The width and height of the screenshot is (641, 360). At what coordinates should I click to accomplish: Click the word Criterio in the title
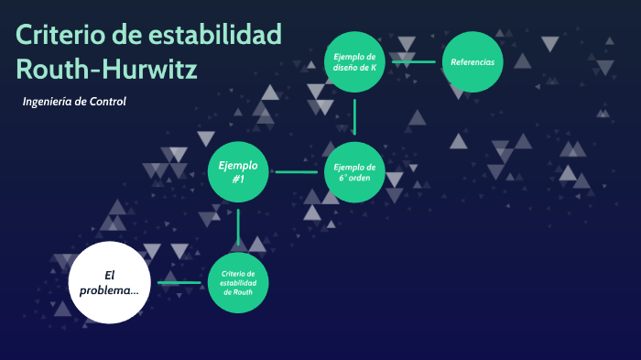[x=59, y=36]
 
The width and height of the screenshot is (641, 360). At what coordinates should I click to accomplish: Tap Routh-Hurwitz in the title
[x=106, y=69]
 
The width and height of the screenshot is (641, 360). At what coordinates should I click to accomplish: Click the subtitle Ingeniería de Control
[x=73, y=101]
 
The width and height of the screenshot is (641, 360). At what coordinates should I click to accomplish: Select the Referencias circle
[x=473, y=62]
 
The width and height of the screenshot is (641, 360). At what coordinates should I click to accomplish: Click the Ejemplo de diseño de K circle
[x=354, y=61]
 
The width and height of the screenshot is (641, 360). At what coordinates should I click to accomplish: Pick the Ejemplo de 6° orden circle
[x=354, y=172]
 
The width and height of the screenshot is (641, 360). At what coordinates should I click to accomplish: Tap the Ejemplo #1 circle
[x=238, y=172]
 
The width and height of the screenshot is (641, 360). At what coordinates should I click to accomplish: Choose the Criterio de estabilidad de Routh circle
[x=238, y=282]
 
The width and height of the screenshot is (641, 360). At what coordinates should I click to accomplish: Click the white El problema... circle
[x=109, y=282]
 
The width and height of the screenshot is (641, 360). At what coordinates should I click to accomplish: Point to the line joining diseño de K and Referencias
[x=413, y=62]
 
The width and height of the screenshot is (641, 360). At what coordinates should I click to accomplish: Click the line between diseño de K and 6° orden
[x=354, y=117]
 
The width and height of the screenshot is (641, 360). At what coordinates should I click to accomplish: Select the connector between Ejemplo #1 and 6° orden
[x=296, y=172]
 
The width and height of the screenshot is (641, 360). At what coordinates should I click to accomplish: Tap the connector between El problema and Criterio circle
[x=179, y=282]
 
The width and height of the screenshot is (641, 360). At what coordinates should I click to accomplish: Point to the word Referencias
[x=473, y=62]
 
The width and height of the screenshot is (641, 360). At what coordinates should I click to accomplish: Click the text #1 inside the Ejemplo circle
[x=238, y=180]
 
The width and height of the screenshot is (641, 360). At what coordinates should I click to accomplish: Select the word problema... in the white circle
[x=109, y=290]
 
